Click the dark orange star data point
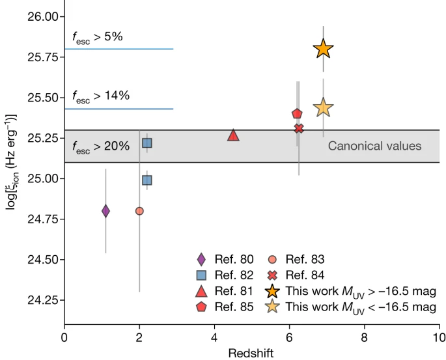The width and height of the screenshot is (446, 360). click(x=323, y=49)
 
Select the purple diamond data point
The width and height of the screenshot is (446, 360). click(x=105, y=211)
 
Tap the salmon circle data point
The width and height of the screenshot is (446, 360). click(x=139, y=211)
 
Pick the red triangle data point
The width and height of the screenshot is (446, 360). click(x=233, y=135)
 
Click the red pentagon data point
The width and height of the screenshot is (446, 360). click(x=297, y=114)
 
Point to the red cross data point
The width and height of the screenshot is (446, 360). click(x=299, y=128)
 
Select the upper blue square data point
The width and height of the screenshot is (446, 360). click(x=147, y=143)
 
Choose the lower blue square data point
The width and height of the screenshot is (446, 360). click(x=147, y=180)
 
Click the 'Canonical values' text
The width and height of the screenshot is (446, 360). click(x=374, y=146)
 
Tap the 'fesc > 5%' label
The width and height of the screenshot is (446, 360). click(x=98, y=37)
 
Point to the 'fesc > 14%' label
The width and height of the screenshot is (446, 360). click(x=101, y=96)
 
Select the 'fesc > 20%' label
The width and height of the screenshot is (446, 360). click(x=101, y=146)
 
